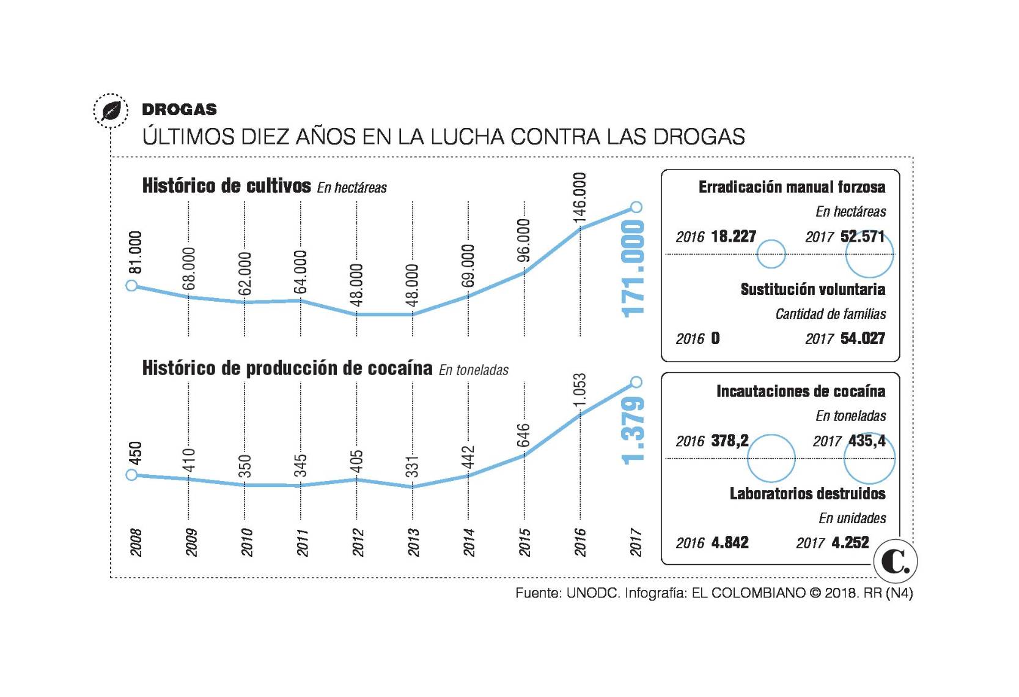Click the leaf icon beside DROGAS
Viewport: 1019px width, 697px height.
coord(111,111)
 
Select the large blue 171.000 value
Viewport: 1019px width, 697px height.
coord(634,268)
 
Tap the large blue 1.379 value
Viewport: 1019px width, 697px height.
coord(634,430)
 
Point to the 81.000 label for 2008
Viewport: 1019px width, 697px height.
coord(136,252)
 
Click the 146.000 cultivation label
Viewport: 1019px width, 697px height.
coord(579,197)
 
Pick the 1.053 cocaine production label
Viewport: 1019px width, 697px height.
coord(579,390)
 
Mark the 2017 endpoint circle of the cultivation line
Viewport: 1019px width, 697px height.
coord(636,207)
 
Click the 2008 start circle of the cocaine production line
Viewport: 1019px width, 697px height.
coord(131,475)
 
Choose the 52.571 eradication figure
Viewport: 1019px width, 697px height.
coord(863,236)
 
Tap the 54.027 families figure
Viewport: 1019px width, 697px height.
coord(863,338)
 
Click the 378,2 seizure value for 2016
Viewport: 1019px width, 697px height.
coord(729,441)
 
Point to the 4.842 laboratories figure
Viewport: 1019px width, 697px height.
coord(729,543)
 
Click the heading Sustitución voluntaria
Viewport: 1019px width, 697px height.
coord(812,289)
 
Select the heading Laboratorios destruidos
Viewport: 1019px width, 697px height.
coord(807,493)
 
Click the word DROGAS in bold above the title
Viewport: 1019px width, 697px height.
coord(179,110)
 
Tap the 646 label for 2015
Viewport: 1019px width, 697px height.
coord(524,435)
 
